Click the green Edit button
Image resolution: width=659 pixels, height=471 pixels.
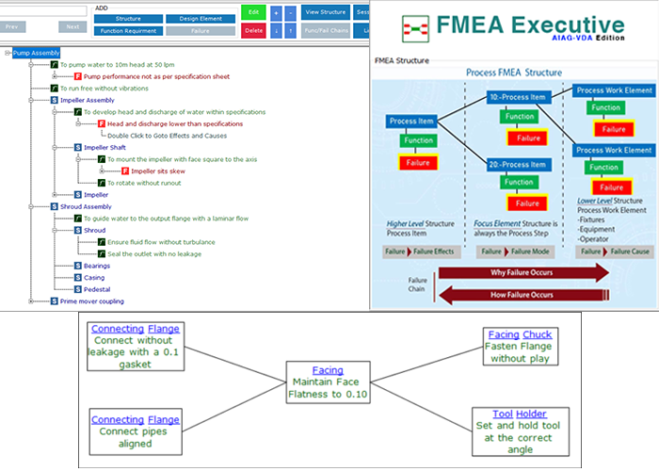[252, 12]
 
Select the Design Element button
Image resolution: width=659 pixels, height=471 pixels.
[201, 18]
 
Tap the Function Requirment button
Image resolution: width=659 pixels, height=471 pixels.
[128, 30]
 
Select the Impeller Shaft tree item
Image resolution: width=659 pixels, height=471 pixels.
[105, 147]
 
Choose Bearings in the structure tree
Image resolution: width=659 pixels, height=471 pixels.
[98, 265]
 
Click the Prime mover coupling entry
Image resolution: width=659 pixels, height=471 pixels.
[92, 300]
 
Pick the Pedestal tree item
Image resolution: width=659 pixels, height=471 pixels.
[97, 288]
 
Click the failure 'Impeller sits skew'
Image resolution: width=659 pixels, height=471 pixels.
[158, 171]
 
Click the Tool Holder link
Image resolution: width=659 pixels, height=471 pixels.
[519, 414]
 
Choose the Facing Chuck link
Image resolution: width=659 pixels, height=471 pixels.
[519, 334]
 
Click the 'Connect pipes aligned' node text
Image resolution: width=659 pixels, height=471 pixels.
[135, 438]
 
